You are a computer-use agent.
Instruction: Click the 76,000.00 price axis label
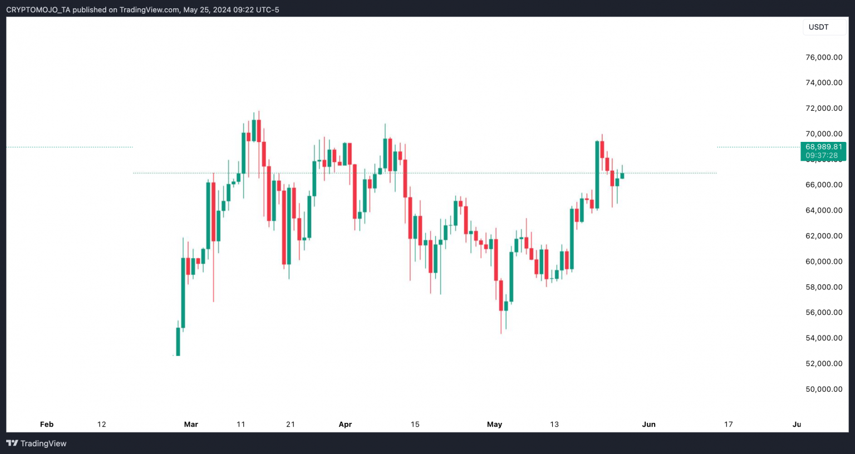click(824, 57)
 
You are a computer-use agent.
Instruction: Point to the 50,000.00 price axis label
click(824, 389)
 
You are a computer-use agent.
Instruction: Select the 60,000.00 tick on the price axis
click(824, 261)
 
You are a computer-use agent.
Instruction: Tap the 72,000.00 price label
click(824, 108)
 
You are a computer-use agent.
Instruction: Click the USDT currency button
click(818, 27)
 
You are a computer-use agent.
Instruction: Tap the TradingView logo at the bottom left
click(36, 443)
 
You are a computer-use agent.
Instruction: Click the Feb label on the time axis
click(47, 424)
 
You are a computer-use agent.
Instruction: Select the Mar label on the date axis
click(191, 424)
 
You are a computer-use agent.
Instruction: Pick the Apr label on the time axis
click(345, 424)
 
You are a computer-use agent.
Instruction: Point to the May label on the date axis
click(494, 424)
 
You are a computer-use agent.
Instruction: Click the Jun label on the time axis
click(648, 424)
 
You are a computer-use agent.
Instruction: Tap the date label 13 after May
click(554, 424)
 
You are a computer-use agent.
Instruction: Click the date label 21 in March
click(291, 424)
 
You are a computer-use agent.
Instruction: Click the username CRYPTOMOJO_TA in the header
click(38, 9)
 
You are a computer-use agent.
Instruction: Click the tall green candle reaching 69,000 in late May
click(597, 175)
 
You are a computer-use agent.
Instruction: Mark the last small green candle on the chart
click(622, 176)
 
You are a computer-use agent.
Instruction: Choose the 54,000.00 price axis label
click(824, 338)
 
